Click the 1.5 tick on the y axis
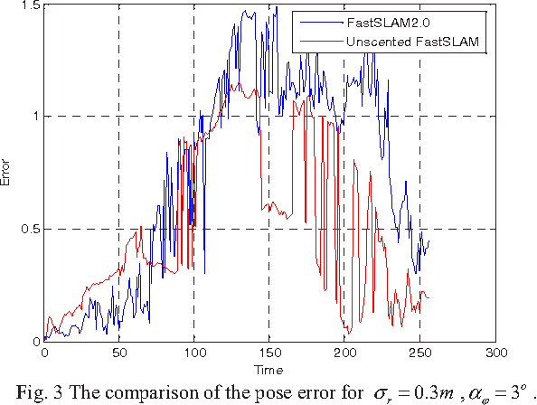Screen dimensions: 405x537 (29, 5)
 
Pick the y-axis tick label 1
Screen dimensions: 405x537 (33, 116)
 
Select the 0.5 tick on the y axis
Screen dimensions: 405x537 (29, 229)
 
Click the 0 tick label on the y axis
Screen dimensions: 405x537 (33, 342)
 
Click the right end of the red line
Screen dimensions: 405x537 (429, 297)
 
